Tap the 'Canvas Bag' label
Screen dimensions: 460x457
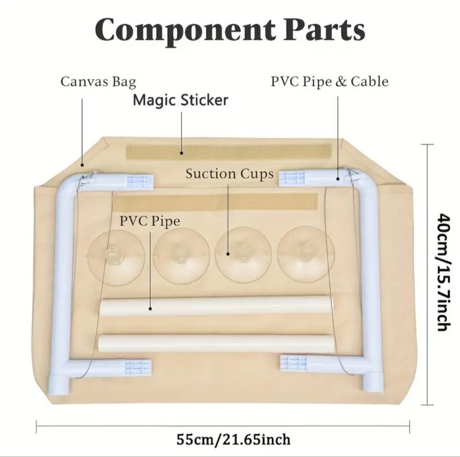[x=98, y=82]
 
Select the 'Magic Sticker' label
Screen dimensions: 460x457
[x=181, y=100]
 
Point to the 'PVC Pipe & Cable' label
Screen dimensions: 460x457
[x=330, y=82]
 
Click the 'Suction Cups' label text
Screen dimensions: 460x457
[x=230, y=174]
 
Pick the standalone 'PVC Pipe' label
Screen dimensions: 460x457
[x=149, y=221]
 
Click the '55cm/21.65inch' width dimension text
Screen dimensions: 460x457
[x=233, y=439]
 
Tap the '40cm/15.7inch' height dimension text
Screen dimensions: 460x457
[x=444, y=272]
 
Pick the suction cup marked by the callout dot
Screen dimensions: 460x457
[x=243, y=255]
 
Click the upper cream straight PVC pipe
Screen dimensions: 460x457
[x=217, y=306]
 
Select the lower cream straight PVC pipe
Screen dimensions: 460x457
[x=216, y=343]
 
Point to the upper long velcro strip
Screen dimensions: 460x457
[x=229, y=152]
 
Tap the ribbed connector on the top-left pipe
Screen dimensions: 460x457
[x=140, y=181]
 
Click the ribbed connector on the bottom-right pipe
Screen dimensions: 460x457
[x=293, y=363]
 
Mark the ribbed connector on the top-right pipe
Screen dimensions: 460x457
[x=292, y=178]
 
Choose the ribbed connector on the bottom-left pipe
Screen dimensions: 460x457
[x=138, y=366]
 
